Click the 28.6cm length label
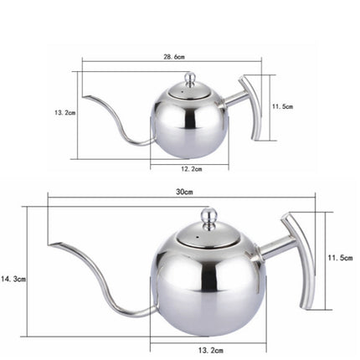pos(174,57)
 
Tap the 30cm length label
pos(184,192)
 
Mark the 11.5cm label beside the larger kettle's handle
pos(340,259)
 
